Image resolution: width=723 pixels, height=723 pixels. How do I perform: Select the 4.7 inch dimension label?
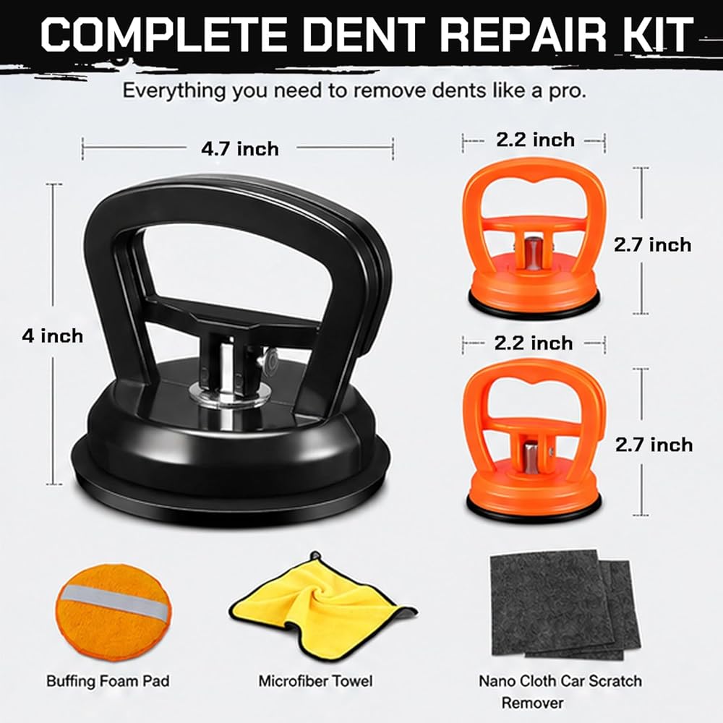[x=240, y=149]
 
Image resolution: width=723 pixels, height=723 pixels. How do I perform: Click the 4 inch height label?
[x=53, y=335]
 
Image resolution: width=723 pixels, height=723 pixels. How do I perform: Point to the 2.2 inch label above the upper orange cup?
[x=535, y=140]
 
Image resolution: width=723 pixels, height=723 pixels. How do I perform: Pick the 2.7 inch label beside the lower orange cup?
[x=654, y=445]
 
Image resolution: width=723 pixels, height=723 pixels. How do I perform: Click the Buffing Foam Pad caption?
[x=108, y=681]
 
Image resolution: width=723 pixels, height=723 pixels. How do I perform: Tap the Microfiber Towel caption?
[x=315, y=681]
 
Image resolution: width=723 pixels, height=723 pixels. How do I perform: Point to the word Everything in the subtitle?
[x=175, y=90]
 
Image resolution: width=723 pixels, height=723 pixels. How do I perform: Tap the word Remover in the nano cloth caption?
[x=532, y=703]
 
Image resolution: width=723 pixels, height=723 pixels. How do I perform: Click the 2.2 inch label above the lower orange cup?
[x=534, y=343]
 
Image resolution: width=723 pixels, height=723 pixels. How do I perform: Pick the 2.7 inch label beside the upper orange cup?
[x=652, y=244]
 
